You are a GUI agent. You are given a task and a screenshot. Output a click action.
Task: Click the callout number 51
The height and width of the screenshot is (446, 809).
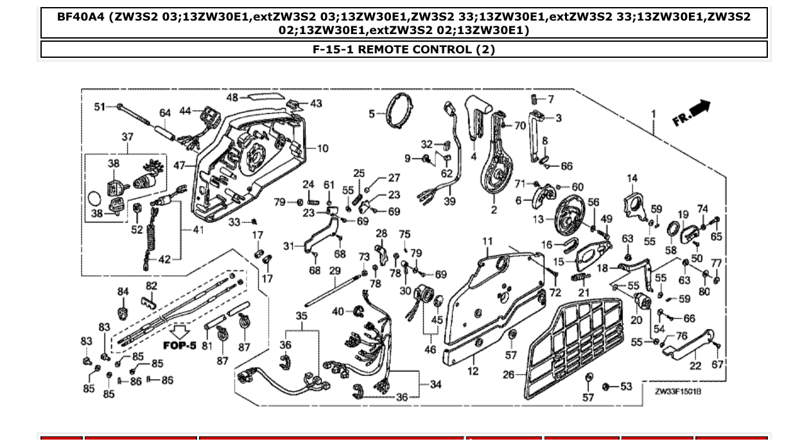coord(100,107)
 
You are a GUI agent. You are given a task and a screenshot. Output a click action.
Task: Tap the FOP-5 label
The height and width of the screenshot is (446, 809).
coord(180,345)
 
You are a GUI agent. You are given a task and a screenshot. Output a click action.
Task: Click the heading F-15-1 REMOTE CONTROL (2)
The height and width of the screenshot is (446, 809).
coord(404,49)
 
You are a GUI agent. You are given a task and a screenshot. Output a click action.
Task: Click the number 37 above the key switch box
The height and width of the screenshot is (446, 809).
coord(128,137)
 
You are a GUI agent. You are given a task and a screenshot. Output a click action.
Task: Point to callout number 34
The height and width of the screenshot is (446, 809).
coord(435,384)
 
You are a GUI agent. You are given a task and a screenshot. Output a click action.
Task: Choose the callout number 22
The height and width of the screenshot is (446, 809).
coord(695,366)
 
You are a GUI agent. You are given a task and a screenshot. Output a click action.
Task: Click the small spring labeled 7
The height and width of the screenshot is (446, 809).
coord(532,99)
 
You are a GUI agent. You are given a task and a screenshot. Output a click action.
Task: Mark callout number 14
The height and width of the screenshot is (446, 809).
coord(632,179)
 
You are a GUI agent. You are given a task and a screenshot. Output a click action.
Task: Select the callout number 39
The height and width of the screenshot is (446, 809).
coord(449,201)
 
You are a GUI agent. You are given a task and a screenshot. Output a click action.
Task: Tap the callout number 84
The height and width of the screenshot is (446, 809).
coord(123,292)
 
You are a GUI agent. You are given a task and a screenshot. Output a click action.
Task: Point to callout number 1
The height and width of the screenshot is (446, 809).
coord(654,114)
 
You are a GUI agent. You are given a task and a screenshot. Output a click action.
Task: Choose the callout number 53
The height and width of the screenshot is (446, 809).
coord(626,386)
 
